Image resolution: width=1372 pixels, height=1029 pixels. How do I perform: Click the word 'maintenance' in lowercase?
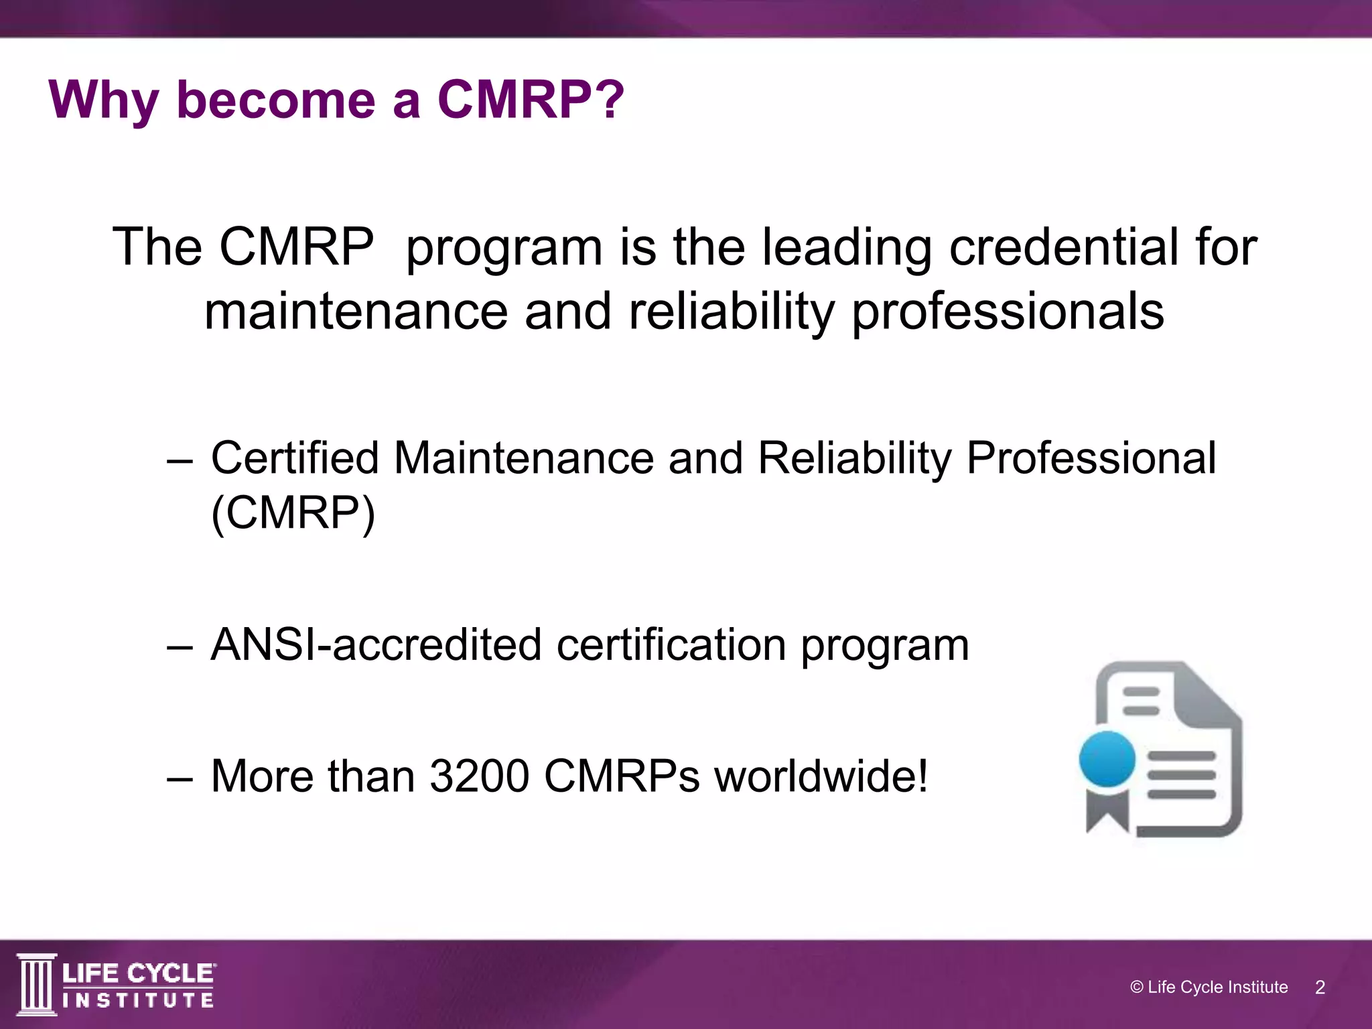tap(356, 312)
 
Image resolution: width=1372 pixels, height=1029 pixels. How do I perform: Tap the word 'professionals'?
tap(1008, 312)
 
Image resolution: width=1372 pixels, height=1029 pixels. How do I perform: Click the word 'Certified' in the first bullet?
tap(295, 458)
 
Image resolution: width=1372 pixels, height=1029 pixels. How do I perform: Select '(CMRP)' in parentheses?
tap(293, 513)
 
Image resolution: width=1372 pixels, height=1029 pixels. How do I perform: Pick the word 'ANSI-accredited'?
tap(375, 644)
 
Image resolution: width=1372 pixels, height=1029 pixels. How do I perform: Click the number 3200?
tap(480, 776)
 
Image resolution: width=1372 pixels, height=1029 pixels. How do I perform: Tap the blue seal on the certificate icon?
tap(1107, 759)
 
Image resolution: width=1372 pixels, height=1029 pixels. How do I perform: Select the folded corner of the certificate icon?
tap(1213, 690)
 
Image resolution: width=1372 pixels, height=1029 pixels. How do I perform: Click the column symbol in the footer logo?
tap(37, 983)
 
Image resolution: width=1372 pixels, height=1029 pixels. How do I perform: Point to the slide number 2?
tap(1320, 987)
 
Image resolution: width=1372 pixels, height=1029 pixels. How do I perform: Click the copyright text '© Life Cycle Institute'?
tap(1209, 987)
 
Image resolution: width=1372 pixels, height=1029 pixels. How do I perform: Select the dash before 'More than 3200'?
tap(180, 777)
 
